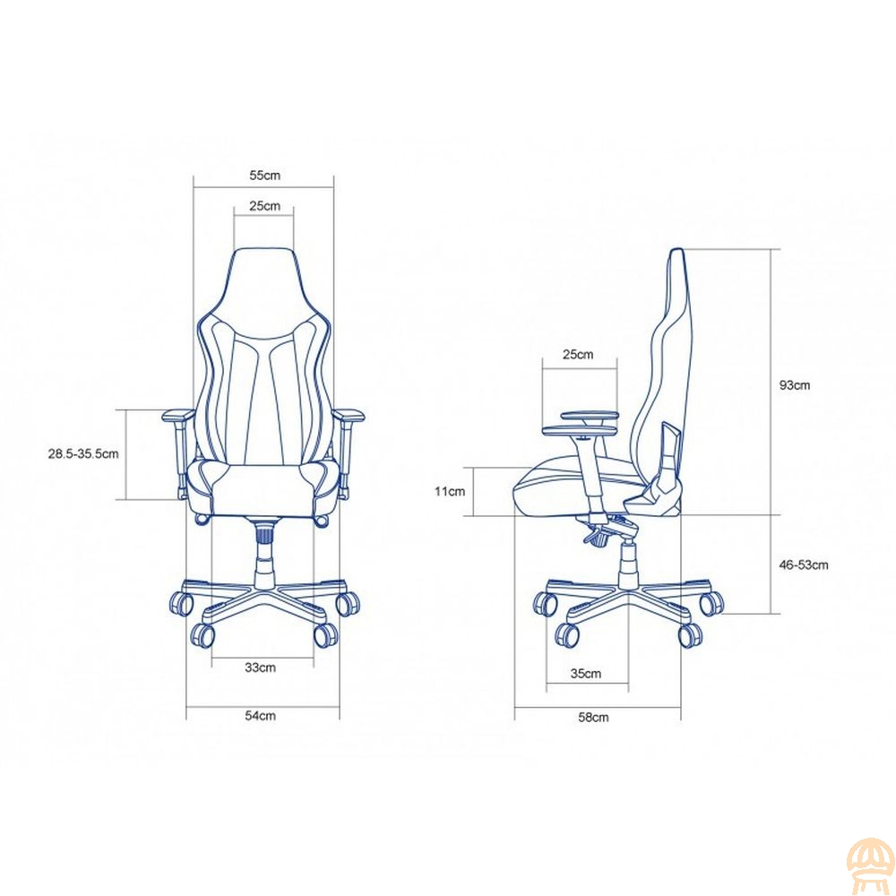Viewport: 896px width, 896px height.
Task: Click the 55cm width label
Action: point(264,176)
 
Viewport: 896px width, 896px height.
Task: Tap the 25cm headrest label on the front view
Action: point(264,206)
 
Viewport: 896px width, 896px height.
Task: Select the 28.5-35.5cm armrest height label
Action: point(83,453)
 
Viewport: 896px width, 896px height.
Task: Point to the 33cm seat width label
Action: point(260,668)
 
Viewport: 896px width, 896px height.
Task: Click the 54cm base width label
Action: point(260,715)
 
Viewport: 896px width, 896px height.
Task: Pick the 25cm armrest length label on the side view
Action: point(578,354)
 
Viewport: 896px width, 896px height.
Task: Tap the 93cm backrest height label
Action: point(794,385)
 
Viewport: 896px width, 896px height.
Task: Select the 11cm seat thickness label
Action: point(450,491)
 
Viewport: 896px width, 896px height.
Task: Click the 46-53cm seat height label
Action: point(804,565)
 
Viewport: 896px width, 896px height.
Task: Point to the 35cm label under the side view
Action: point(586,674)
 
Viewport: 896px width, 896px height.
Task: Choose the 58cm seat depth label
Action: point(593,717)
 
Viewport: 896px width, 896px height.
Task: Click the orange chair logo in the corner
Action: point(870,869)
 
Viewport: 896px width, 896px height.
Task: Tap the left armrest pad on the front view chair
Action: point(177,416)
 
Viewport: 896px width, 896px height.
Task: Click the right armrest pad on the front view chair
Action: point(349,416)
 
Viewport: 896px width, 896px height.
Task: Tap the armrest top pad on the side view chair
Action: point(590,417)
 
